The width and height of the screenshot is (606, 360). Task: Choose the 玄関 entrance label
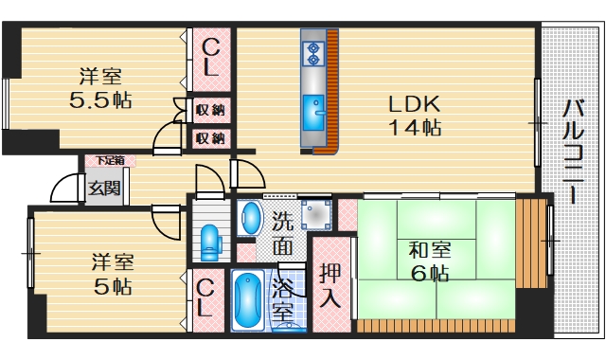[104, 188]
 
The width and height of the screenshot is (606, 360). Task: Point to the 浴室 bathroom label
[283, 297]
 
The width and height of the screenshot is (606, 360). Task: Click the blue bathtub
[248, 301]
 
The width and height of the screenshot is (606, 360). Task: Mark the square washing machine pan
[313, 217]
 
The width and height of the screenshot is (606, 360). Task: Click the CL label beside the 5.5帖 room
[212, 57]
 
